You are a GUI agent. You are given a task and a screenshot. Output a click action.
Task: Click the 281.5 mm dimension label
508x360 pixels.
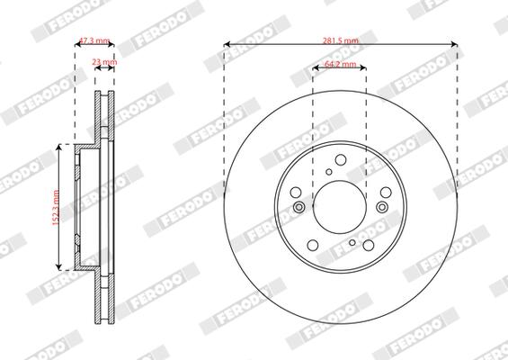[340, 40]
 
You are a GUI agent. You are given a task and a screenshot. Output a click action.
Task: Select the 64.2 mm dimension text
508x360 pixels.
[340, 66]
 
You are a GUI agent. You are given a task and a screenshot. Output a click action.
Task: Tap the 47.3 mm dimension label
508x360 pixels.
[94, 40]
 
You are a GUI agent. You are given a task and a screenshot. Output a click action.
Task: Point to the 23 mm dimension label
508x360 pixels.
[104, 62]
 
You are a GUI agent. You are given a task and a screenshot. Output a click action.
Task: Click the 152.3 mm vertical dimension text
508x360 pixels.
[56, 206]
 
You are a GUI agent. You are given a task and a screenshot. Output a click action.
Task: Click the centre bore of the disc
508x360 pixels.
[339, 206]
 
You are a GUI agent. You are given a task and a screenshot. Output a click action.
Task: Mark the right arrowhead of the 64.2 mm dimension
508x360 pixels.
[364, 68]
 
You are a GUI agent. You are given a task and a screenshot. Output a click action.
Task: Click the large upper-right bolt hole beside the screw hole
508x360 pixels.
[369, 175]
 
